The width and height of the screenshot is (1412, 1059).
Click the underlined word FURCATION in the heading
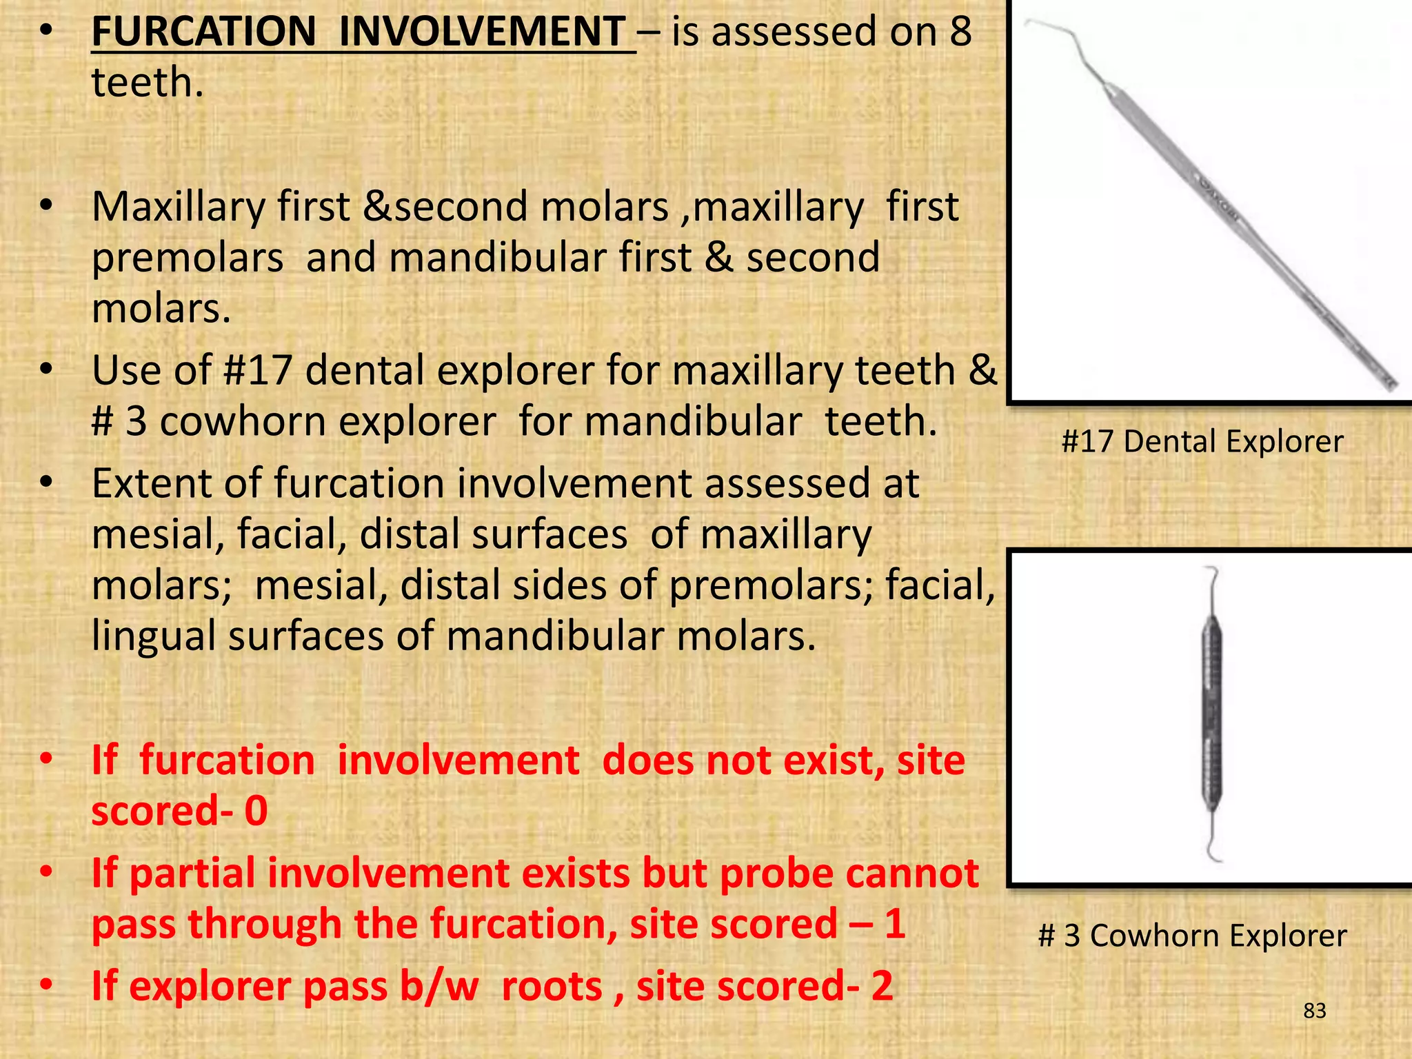(203, 32)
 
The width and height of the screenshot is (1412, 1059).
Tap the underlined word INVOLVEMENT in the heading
(483, 32)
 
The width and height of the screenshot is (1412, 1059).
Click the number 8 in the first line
(960, 32)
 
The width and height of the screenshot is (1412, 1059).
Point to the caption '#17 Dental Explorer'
(1202, 441)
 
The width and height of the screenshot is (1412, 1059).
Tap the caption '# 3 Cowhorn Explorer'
(1192, 936)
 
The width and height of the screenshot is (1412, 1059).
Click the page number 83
(1315, 1011)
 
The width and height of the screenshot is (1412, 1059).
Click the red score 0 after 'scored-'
(256, 811)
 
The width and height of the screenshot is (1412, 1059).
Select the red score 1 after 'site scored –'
(894, 924)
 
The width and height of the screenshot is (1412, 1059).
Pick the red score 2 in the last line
(882, 986)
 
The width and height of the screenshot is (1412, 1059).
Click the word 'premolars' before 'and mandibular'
(188, 259)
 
